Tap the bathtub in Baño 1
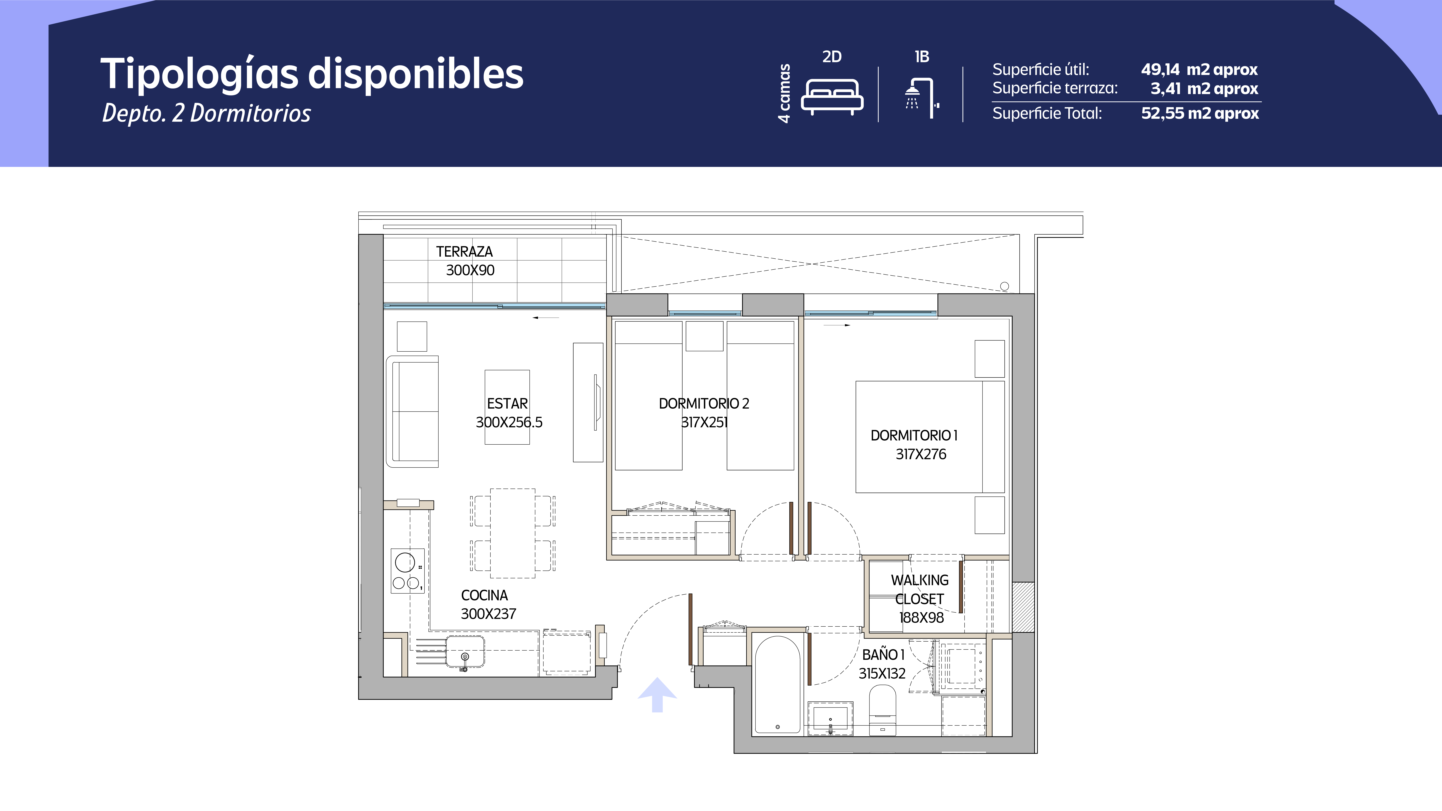tap(778, 684)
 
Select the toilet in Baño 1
tap(882, 710)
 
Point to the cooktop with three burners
tap(407, 571)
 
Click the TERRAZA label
tap(465, 252)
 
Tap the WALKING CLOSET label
tap(920, 589)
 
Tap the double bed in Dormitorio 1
tap(930, 437)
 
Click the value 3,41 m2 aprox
tap(1204, 88)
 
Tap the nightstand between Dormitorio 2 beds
tap(704, 336)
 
